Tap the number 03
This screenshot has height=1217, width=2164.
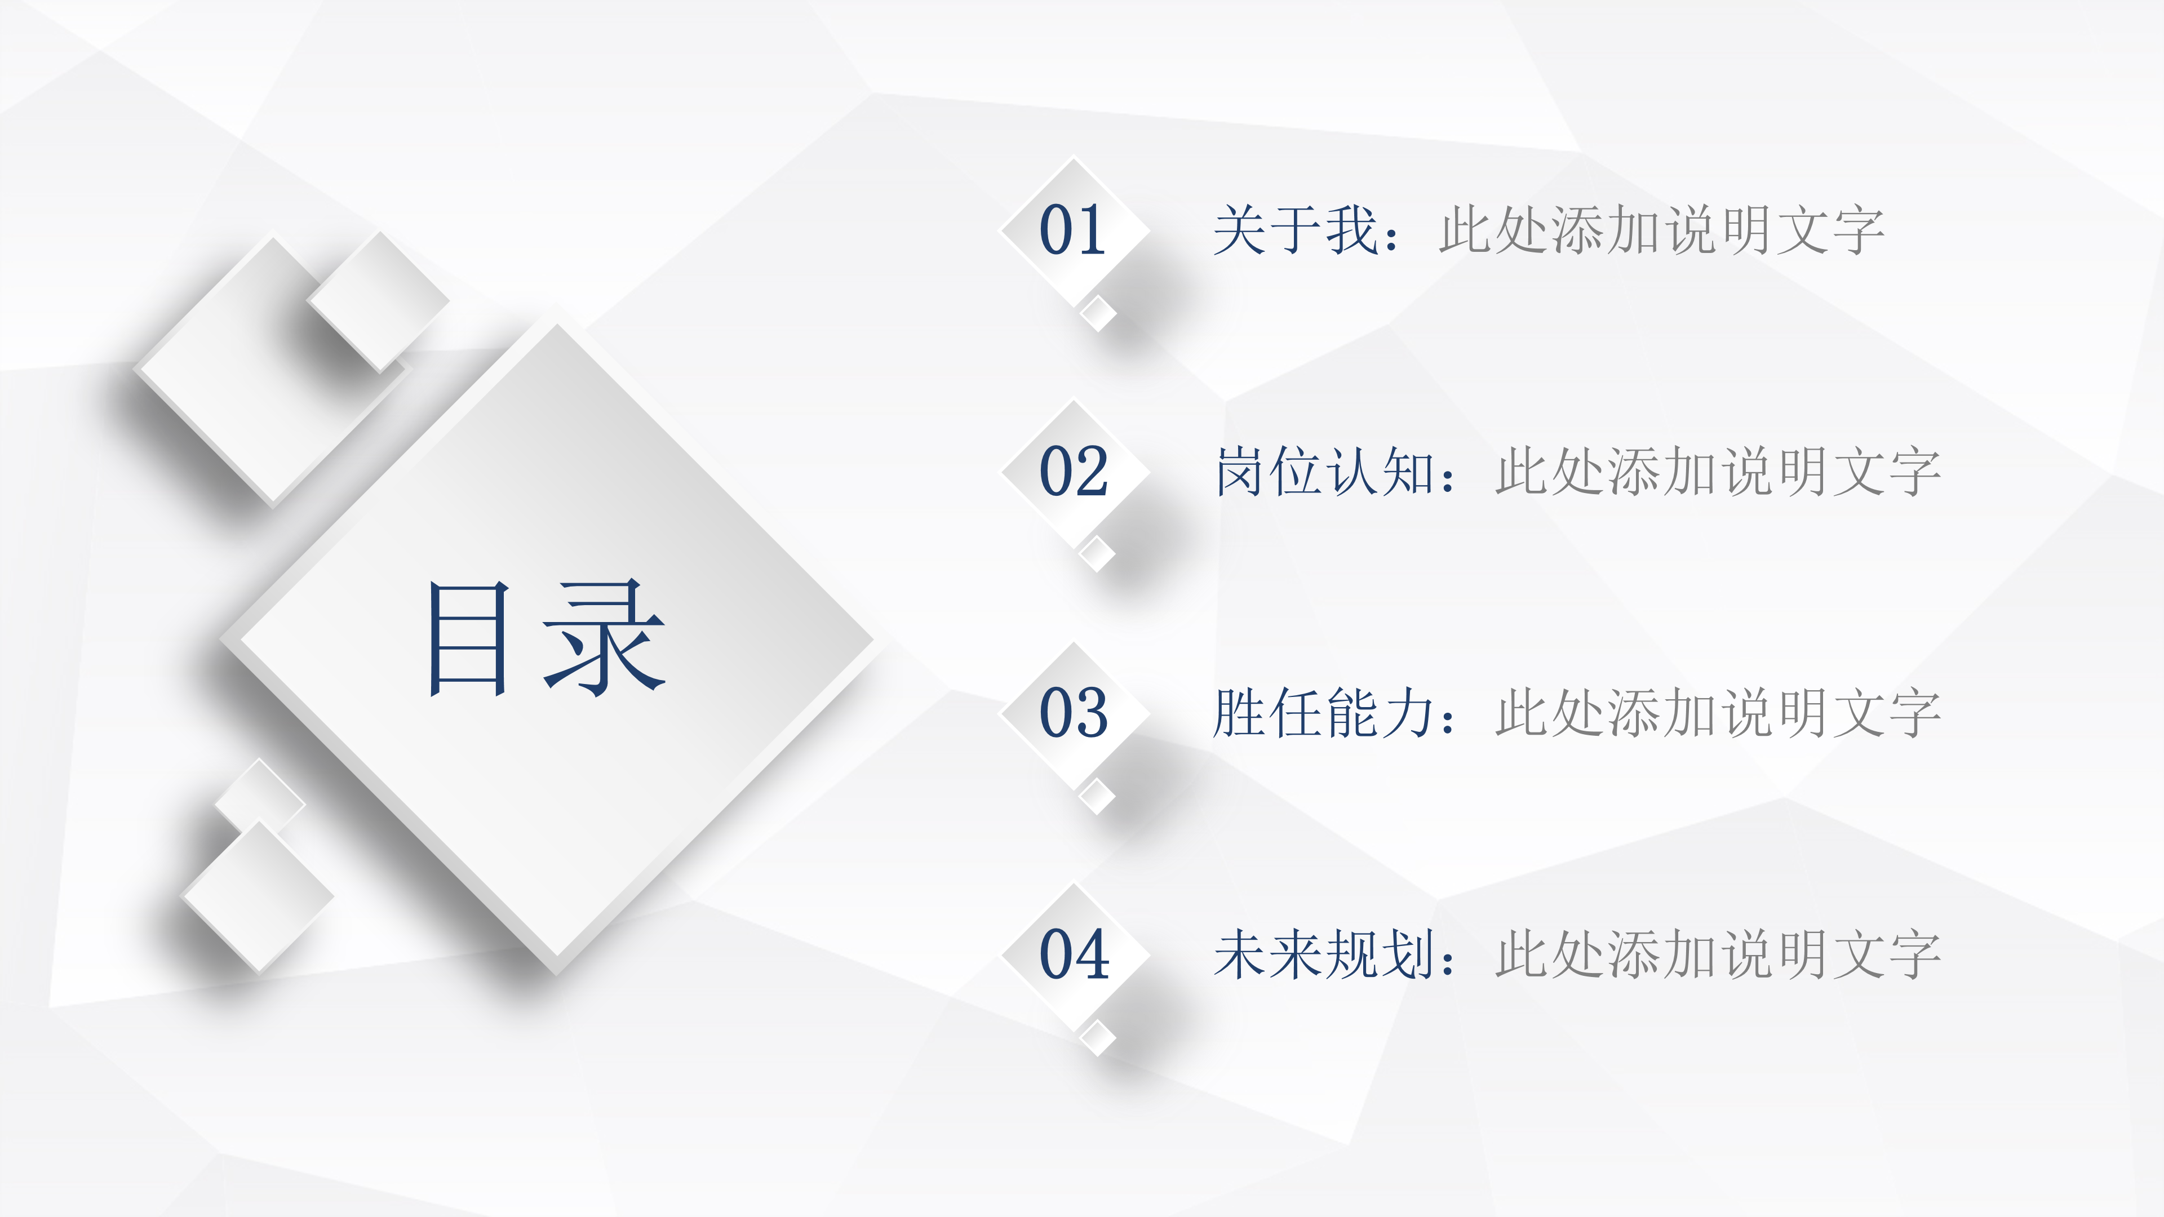[x=1074, y=712]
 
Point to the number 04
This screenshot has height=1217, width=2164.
[x=1074, y=954]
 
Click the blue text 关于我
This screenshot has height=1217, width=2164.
[x=1296, y=230]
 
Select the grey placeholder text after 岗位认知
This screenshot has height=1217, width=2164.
[x=1718, y=471]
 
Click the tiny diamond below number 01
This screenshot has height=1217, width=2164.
[x=1098, y=314]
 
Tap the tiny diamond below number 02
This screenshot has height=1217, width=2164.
[x=1096, y=554]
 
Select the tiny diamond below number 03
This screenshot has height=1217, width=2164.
[x=1096, y=796]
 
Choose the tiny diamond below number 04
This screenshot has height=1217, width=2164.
[x=1097, y=1037]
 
